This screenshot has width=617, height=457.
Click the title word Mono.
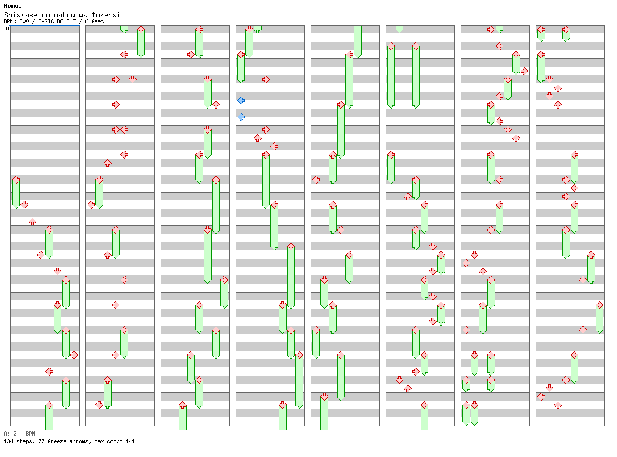coord(13,6)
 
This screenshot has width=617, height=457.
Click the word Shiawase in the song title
coord(20,15)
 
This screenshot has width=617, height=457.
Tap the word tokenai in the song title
coord(106,15)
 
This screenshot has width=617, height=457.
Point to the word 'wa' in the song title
coord(83,15)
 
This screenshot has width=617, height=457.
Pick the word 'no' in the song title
coord(46,15)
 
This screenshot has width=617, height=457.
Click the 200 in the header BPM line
coord(24,22)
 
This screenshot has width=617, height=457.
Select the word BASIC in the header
coord(46,22)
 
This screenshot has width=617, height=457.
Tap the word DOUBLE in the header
coord(66,22)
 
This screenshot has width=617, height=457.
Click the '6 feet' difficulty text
coord(94,22)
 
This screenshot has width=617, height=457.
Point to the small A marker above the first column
coord(7,28)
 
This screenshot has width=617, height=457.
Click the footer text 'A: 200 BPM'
coord(19,434)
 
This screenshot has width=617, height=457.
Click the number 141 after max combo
coord(130,441)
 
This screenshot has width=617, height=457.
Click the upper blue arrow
coord(241,101)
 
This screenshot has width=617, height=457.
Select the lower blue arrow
coord(241,117)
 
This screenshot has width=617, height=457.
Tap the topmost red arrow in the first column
coord(16,179)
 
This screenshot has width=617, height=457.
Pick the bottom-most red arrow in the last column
coord(558,405)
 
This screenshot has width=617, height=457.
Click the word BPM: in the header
coord(10,22)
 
